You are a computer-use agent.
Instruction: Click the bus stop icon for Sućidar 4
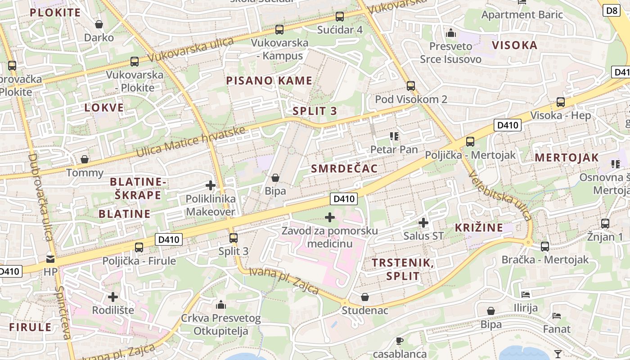tap(339, 17)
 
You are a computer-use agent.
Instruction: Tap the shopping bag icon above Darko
tap(99, 24)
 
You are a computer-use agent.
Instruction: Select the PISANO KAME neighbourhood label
tap(269, 81)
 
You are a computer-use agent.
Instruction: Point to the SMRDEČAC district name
tap(344, 168)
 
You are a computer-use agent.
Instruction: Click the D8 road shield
tap(612, 10)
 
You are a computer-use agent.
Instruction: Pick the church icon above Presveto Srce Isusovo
tap(450, 33)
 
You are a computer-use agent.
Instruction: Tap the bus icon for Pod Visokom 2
tap(410, 86)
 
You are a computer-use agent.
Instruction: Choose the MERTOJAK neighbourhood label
tap(567, 157)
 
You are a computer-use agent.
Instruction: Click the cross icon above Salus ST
tap(423, 222)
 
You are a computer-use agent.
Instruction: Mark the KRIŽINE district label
tap(479, 227)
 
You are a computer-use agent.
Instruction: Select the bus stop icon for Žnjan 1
tap(605, 223)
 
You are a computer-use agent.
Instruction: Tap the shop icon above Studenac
tap(365, 297)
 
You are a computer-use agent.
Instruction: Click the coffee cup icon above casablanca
tap(399, 341)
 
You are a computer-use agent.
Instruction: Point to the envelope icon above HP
tap(50, 259)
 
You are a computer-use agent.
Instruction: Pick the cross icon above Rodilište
tap(113, 297)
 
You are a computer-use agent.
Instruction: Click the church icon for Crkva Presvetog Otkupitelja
tap(220, 305)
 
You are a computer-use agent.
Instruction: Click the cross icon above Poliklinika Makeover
tap(210, 185)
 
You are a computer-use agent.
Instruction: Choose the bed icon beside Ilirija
tap(525, 295)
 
